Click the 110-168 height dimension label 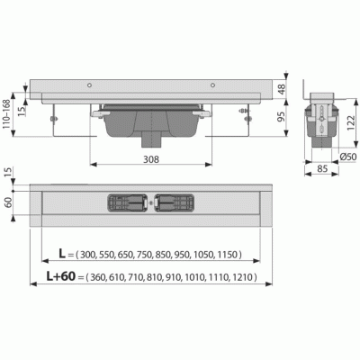click(x=8, y=116)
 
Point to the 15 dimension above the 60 click(x=8, y=172)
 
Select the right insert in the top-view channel click(x=175, y=204)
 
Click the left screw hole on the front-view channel click(x=90, y=85)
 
